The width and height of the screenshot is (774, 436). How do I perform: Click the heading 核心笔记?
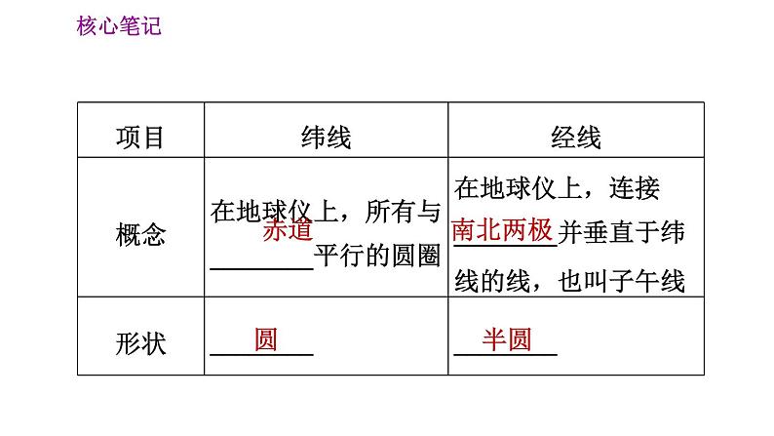(117, 27)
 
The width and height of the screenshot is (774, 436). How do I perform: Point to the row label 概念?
(140, 234)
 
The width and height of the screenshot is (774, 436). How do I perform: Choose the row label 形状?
(140, 343)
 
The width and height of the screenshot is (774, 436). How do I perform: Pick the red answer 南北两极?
(502, 230)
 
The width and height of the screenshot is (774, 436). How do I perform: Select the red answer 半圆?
(506, 340)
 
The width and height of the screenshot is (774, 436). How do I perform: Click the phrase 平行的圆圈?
(377, 257)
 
